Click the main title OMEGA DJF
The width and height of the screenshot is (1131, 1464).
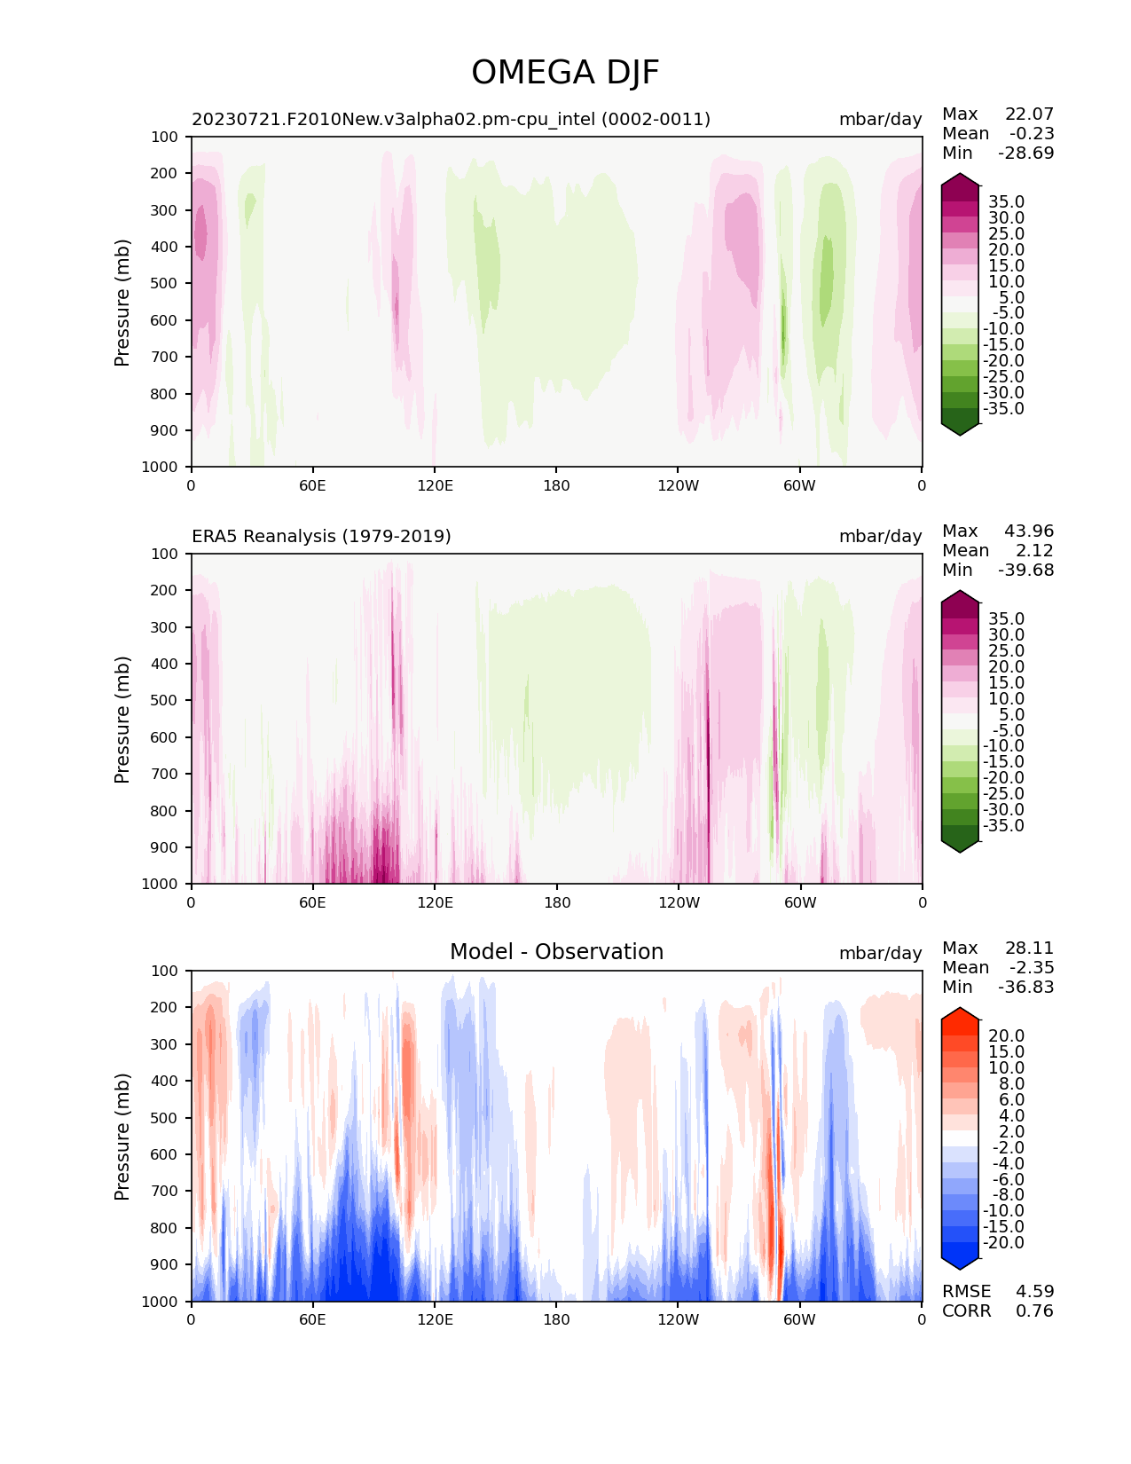click(564, 73)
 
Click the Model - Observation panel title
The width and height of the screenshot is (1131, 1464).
click(556, 951)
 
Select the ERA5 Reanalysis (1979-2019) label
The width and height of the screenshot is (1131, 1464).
click(321, 536)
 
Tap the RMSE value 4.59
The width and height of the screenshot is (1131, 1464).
click(1034, 1292)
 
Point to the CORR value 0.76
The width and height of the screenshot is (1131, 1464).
click(1034, 1311)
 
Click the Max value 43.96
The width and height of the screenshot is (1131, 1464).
click(1029, 531)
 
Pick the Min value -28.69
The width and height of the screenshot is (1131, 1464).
click(1026, 153)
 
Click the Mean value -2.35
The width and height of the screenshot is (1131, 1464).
click(1032, 967)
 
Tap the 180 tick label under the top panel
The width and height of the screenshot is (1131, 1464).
click(556, 485)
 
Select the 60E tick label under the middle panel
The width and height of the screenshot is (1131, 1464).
click(312, 902)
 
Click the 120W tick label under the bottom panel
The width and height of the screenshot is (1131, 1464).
click(679, 1320)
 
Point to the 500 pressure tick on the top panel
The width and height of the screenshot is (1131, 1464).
click(164, 284)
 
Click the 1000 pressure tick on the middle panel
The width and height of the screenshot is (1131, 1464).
click(160, 884)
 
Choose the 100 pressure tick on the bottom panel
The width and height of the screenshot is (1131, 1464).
click(164, 971)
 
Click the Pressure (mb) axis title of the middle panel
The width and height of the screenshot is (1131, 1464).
click(122, 720)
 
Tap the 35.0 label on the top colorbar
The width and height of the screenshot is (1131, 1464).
click(1006, 202)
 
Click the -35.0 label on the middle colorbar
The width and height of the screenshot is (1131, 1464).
click(1003, 825)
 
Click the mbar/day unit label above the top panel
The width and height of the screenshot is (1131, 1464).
click(881, 120)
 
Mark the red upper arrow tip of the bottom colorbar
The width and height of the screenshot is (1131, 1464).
click(960, 1008)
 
